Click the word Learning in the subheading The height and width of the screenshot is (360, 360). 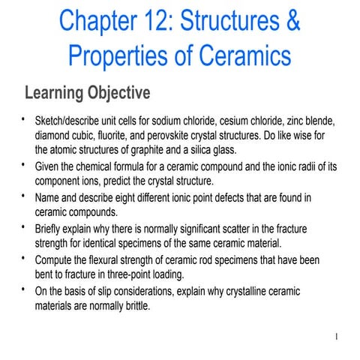(x=52, y=93)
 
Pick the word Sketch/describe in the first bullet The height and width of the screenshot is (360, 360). (x=70, y=122)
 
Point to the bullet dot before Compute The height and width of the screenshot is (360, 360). (x=25, y=256)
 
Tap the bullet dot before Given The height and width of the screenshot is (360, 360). (x=25, y=164)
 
